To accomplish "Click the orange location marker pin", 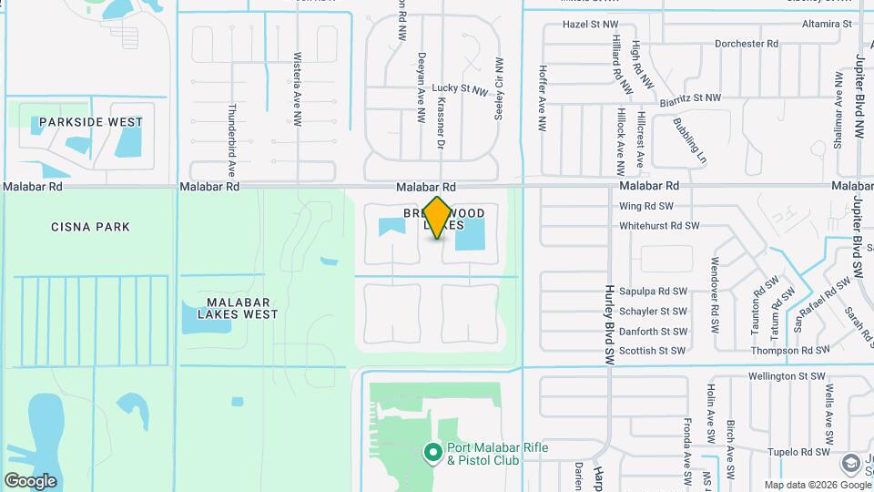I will (438, 218).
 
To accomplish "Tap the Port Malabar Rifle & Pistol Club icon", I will (433, 452).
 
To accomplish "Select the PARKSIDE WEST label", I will (89, 122).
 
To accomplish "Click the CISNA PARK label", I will (90, 227).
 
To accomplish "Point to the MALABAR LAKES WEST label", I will (229, 308).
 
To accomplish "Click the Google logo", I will (30, 480).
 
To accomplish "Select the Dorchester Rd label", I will (747, 43).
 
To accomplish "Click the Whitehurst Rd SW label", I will (659, 225).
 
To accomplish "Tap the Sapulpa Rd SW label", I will (653, 292).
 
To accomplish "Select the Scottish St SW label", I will (652, 350).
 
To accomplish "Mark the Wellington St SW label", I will (786, 375).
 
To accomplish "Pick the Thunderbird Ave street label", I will (231, 146).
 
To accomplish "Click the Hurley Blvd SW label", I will (607, 324).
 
